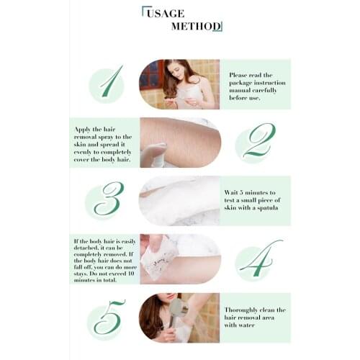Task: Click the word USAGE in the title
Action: click(x=166, y=13)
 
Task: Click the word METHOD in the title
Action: click(x=195, y=27)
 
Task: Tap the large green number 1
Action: click(x=109, y=82)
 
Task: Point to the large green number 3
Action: click(x=107, y=199)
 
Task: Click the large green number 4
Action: click(x=257, y=260)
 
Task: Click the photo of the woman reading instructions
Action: click(x=179, y=84)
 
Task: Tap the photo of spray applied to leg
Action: click(x=179, y=143)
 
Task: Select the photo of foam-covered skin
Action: click(x=179, y=201)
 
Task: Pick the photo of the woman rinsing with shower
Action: click(x=179, y=318)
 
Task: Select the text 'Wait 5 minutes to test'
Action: click(x=256, y=201)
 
